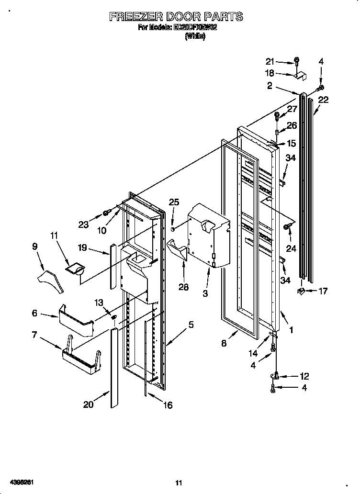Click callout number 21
(271, 61)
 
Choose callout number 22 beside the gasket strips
(323, 100)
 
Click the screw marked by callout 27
(277, 115)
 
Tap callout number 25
(174, 202)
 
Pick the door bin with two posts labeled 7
(82, 357)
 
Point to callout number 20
(88, 404)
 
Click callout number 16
(167, 405)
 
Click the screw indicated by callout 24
(287, 226)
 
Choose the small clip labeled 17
(300, 290)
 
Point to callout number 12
(304, 376)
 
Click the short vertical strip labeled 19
(113, 266)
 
